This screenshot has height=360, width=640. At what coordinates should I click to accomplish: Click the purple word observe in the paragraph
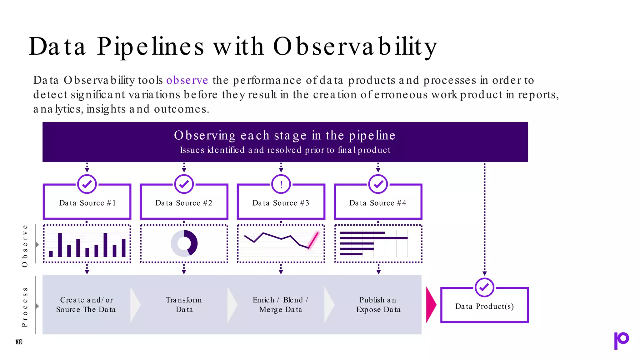pyautogui.click(x=187, y=80)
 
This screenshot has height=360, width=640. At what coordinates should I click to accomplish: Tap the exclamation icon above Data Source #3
pyautogui.click(x=281, y=184)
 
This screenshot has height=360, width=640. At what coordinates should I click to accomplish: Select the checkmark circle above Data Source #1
pyautogui.click(x=87, y=184)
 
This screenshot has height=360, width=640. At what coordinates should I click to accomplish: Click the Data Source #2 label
pyautogui.click(x=184, y=203)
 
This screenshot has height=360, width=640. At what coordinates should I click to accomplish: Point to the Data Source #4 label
pyautogui.click(x=378, y=203)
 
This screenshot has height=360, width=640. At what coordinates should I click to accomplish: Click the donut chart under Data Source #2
pyautogui.click(x=184, y=243)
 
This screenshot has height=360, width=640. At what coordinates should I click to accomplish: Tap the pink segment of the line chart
pyautogui.click(x=313, y=240)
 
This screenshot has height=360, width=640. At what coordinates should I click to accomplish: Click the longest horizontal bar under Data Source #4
pyautogui.click(x=373, y=238)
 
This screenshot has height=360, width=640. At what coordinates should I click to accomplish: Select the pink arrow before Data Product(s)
pyautogui.click(x=431, y=305)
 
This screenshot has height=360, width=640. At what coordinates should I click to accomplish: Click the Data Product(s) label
pyautogui.click(x=484, y=306)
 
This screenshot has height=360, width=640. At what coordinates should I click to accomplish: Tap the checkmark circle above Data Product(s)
pyautogui.click(x=484, y=287)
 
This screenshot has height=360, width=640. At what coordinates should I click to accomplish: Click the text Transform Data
pyautogui.click(x=184, y=305)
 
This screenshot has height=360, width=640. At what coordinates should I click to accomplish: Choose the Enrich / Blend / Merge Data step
pyautogui.click(x=281, y=305)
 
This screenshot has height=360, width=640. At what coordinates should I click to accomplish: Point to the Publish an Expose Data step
pyautogui.click(x=378, y=305)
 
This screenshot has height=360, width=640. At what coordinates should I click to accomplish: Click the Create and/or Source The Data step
pyautogui.click(x=86, y=305)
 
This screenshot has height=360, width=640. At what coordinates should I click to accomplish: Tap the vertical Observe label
pyautogui.click(x=25, y=246)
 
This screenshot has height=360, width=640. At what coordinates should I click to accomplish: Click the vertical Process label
pyautogui.click(x=25, y=307)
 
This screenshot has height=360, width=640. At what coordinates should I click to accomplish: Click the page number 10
pyautogui.click(x=19, y=342)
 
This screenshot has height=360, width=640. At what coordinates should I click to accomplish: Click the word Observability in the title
pyautogui.click(x=355, y=47)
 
